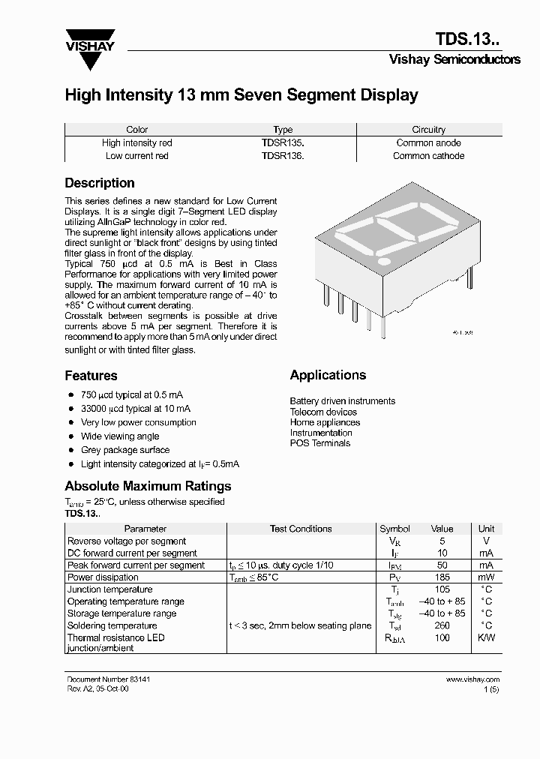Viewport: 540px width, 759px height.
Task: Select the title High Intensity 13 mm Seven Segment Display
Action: tap(241, 95)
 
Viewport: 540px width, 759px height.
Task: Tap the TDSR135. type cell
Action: tap(283, 142)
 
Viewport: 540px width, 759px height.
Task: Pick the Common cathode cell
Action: tap(428, 156)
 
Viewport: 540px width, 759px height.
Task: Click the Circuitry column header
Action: tap(428, 130)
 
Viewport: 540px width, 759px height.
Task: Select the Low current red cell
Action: tap(137, 156)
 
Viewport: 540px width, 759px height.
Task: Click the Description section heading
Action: tap(100, 183)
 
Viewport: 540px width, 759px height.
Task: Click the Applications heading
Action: tap(328, 375)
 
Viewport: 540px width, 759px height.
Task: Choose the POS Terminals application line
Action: tap(320, 443)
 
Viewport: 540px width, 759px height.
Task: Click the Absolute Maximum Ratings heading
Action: tap(148, 486)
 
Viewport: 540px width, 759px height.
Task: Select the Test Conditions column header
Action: tap(300, 529)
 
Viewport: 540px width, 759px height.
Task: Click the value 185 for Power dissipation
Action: tap(442, 577)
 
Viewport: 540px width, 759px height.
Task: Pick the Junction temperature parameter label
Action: tap(109, 589)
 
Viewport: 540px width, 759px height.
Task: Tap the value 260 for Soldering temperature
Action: tap(442, 625)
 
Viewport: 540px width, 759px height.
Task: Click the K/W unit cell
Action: tap(486, 637)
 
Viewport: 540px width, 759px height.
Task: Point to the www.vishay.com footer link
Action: tap(472, 679)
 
